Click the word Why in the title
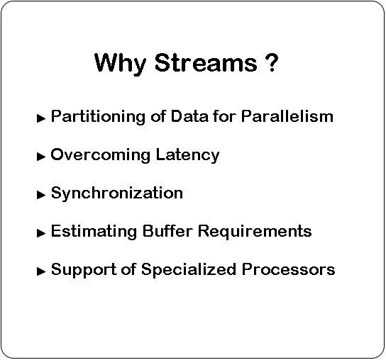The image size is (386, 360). pyautogui.click(x=120, y=64)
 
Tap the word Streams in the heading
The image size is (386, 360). pyautogui.click(x=206, y=62)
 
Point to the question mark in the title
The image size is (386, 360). pyautogui.click(x=272, y=62)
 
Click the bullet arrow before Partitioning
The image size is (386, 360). pyautogui.click(x=41, y=118)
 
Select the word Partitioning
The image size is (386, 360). pyautogui.click(x=98, y=117)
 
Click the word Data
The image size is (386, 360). pyautogui.click(x=189, y=116)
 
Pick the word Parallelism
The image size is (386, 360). pyautogui.click(x=287, y=116)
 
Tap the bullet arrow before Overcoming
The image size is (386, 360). pyautogui.click(x=41, y=157)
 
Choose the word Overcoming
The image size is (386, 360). pyautogui.click(x=101, y=155)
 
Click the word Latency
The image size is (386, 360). pyautogui.click(x=187, y=155)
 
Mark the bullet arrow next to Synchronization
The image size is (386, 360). pyautogui.click(x=41, y=195)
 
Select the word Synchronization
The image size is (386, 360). pyautogui.click(x=117, y=193)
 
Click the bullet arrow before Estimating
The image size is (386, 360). pyautogui.click(x=41, y=233)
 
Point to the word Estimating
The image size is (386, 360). pyautogui.click(x=94, y=232)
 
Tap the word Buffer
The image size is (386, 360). pyautogui.click(x=167, y=230)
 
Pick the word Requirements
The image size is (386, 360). pyautogui.click(x=255, y=232)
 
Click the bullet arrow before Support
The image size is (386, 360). pyautogui.click(x=41, y=271)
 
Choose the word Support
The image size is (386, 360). pyautogui.click(x=84, y=270)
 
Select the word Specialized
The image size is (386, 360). pyautogui.click(x=189, y=270)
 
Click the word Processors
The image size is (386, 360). pyautogui.click(x=288, y=269)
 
